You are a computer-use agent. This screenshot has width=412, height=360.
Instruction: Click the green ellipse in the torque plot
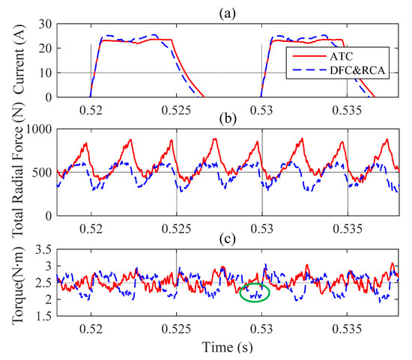[255, 293]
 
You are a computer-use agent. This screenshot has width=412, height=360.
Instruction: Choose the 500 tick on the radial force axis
[40, 173]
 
